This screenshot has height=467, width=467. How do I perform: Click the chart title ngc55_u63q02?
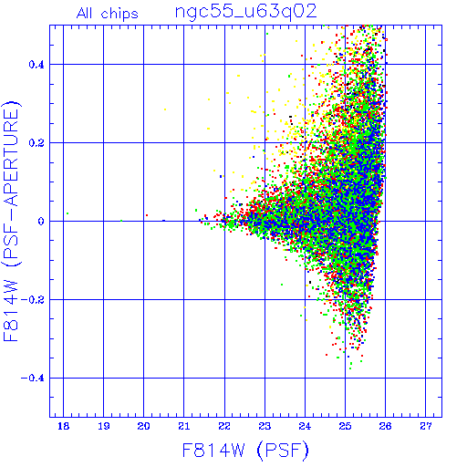click(245, 12)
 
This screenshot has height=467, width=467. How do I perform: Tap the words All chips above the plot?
click(108, 14)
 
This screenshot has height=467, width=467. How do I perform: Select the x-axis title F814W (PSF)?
click(245, 450)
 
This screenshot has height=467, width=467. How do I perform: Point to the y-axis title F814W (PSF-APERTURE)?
click(11, 221)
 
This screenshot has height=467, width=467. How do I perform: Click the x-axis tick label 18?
click(63, 426)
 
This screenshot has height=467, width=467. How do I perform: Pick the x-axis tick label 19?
click(103, 426)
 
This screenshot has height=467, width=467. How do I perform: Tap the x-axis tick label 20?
click(143, 426)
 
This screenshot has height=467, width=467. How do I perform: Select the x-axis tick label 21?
click(183, 426)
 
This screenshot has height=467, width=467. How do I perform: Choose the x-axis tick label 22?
click(224, 426)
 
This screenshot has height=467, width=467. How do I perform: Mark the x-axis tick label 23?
click(265, 426)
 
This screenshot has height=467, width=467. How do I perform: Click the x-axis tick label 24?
click(305, 426)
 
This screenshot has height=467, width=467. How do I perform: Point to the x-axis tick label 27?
click(425, 426)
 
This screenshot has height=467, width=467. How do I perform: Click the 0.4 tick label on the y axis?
click(36, 65)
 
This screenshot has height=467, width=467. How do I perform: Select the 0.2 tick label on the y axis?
click(36, 143)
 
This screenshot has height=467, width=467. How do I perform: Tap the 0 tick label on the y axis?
click(41, 221)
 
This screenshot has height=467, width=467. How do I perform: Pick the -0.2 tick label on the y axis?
click(33, 299)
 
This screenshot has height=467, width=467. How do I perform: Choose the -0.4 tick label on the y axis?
click(33, 378)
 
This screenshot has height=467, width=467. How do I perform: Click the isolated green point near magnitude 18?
click(67, 213)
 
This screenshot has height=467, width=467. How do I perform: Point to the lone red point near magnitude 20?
click(147, 215)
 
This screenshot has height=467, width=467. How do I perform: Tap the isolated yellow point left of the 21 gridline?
click(165, 109)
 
